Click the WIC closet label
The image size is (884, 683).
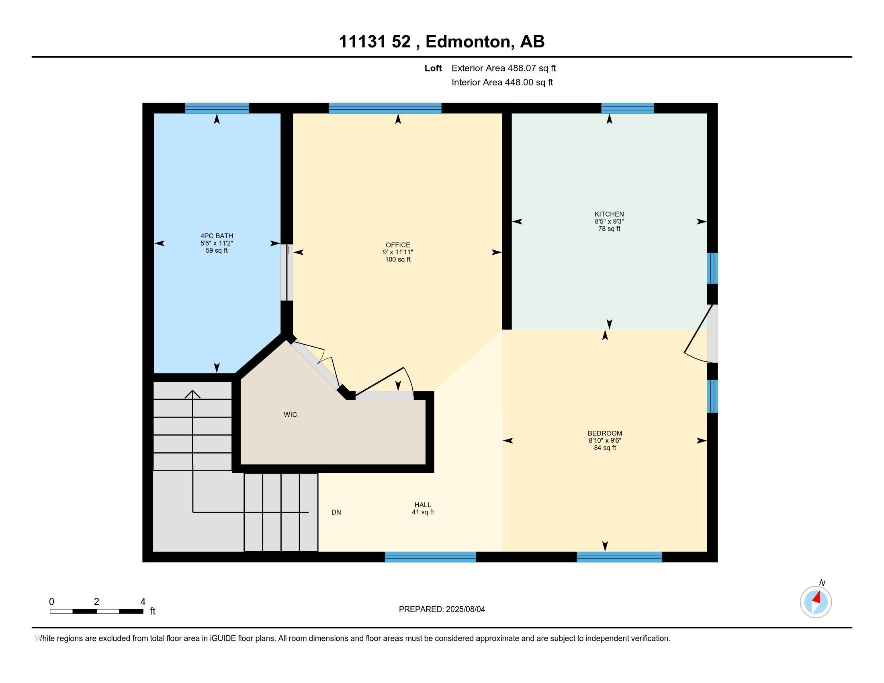pos(290,415)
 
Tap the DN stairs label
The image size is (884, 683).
pos(336,512)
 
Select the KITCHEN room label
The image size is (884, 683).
pos(609,214)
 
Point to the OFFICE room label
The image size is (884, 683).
pos(398,245)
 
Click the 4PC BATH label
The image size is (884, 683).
pos(217,236)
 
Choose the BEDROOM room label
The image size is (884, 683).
pos(605,434)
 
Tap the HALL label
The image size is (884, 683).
pos(423,505)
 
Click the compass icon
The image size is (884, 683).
pos(816,602)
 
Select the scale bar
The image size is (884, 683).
pos(96,611)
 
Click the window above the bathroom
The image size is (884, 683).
pos(217,108)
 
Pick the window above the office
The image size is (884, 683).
pos(385,108)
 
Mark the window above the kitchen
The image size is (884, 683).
pos(627,108)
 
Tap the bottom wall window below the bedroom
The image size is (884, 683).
pos(619,557)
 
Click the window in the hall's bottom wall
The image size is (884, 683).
pos(430,557)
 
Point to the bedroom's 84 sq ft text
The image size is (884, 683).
pos(605,448)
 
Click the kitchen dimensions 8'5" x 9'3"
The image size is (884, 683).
pos(609,221)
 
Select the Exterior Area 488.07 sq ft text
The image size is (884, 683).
pos(503,68)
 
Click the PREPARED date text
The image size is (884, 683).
pos(442,609)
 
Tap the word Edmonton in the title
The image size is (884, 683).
pos(468,42)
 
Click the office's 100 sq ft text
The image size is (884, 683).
pos(398,260)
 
